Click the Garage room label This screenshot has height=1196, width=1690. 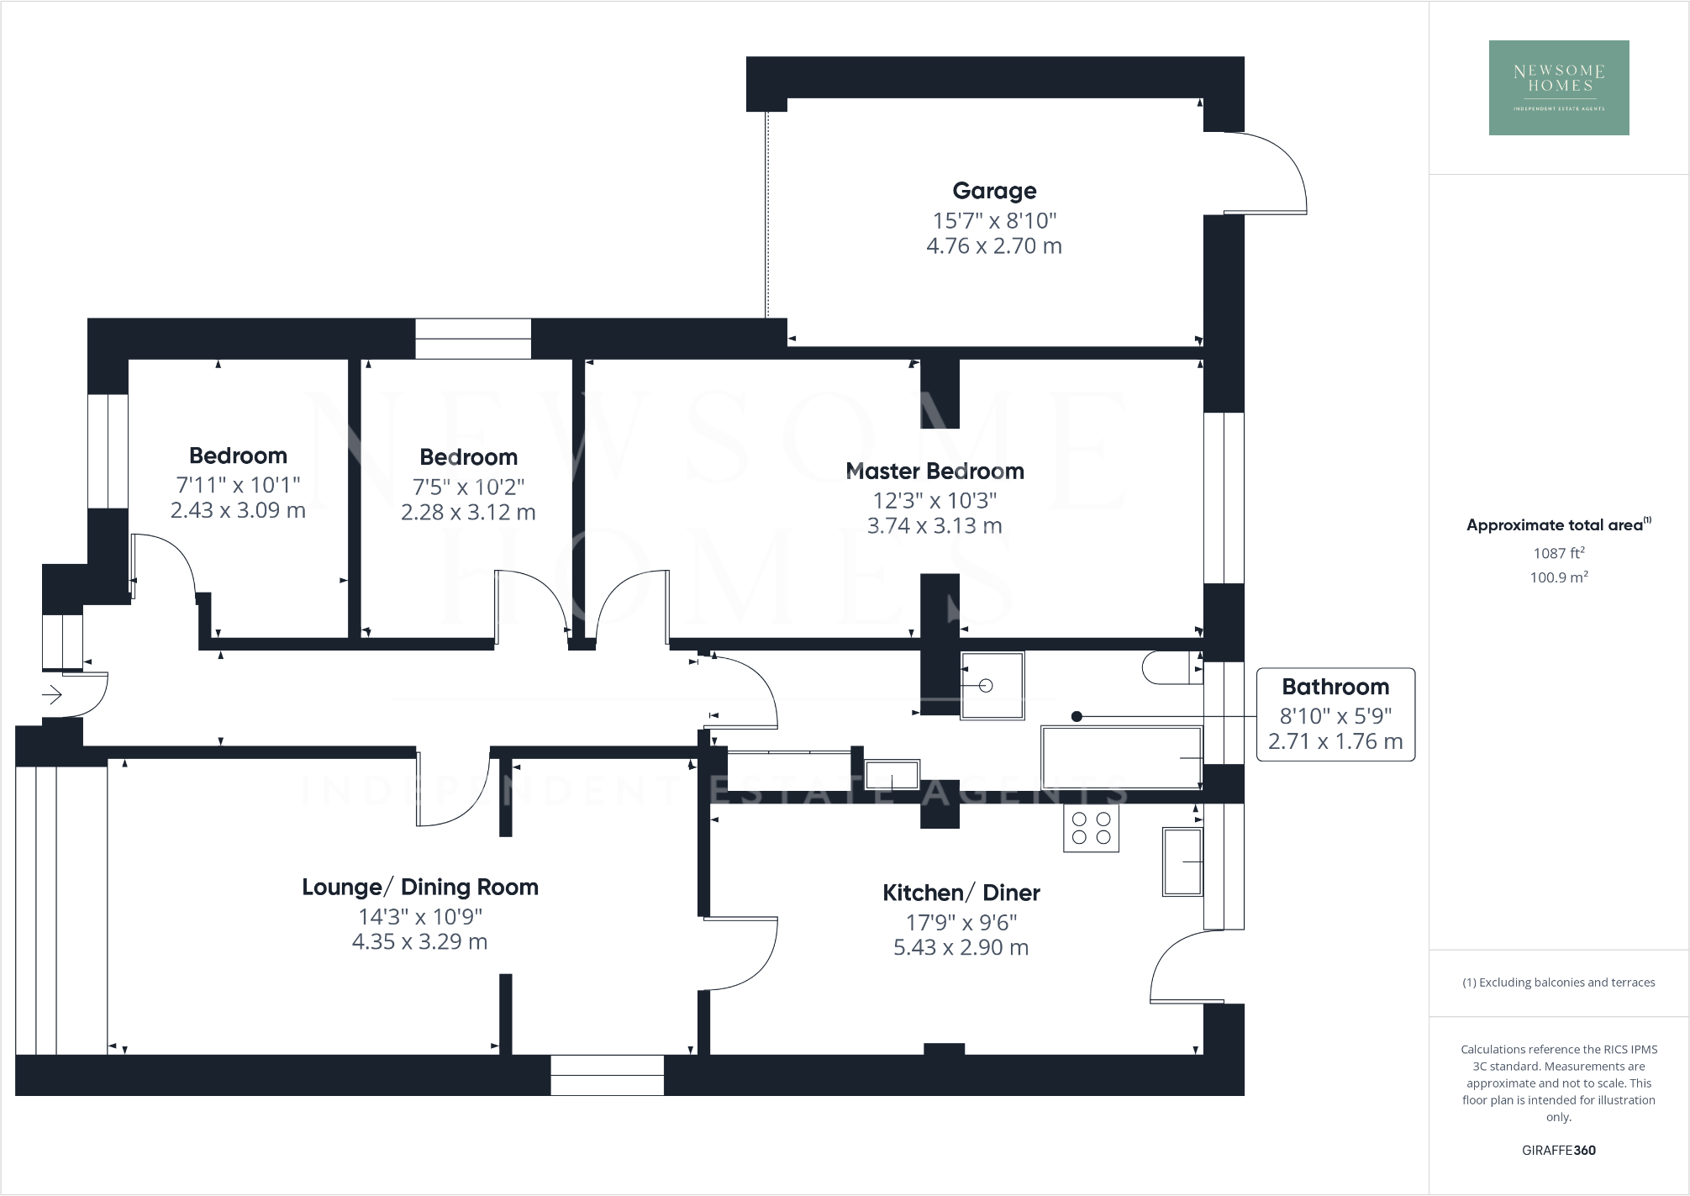click(994, 191)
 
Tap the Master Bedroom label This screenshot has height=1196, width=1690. click(935, 471)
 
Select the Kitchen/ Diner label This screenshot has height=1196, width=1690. click(961, 893)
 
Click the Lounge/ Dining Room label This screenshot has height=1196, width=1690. click(419, 887)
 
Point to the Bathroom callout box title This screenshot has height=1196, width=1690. click(1335, 687)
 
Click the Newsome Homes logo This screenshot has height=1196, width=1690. click(1558, 87)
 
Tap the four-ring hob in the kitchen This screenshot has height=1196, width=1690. click(1091, 828)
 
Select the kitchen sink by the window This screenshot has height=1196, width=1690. click(1182, 861)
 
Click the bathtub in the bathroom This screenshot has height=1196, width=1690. click(1121, 757)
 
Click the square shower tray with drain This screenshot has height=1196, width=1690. click(992, 685)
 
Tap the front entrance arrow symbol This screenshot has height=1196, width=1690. click(52, 695)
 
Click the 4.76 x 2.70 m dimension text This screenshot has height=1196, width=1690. click(993, 246)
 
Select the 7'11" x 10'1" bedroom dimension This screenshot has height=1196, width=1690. click(238, 485)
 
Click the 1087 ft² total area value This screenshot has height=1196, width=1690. click(1558, 553)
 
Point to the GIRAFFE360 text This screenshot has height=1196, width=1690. click(1558, 1150)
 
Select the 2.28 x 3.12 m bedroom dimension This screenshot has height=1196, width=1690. click(468, 513)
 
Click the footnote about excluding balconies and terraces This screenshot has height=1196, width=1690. click(1558, 983)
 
